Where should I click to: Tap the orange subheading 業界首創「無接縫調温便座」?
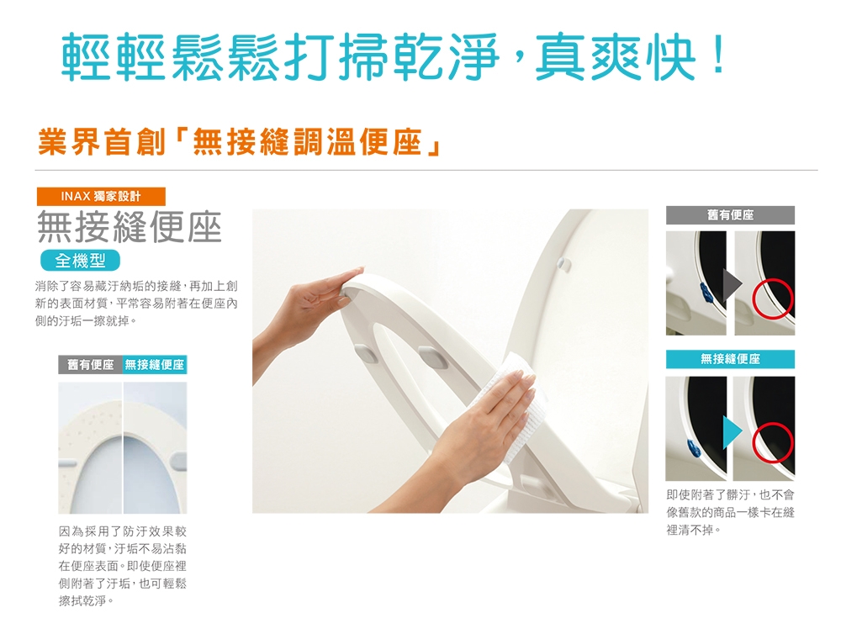click(240, 141)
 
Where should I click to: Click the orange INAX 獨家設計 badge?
click(101, 196)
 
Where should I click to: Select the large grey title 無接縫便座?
click(130, 227)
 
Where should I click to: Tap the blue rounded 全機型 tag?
click(80, 261)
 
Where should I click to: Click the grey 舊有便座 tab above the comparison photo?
click(90, 365)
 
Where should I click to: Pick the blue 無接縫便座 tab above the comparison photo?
click(155, 365)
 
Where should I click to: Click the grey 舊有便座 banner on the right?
click(730, 215)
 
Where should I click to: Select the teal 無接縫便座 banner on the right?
click(730, 359)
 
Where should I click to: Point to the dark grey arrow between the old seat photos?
click(732, 284)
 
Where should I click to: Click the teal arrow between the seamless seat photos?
click(732, 431)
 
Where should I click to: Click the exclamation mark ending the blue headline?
click(717, 54)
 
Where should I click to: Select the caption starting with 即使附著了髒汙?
click(731, 512)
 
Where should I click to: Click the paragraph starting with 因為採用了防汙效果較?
click(123, 566)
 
